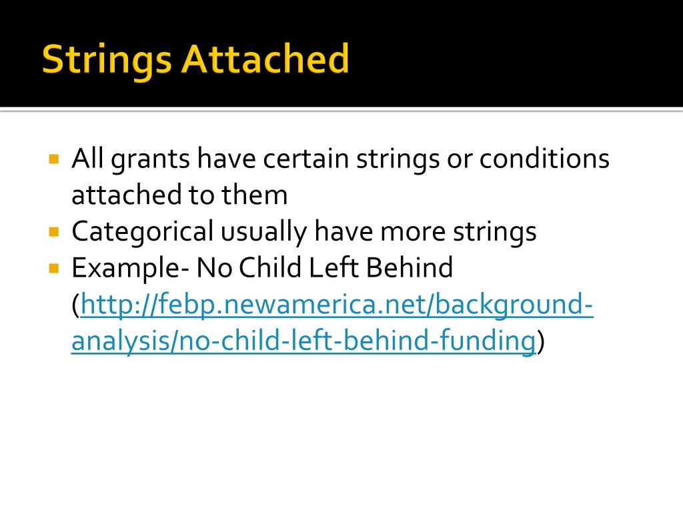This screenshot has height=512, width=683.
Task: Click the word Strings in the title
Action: pyautogui.click(x=107, y=60)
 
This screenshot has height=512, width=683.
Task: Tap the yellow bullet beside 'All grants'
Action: pyautogui.click(x=55, y=160)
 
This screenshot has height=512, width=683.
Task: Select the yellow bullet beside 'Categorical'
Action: pyautogui.click(x=55, y=232)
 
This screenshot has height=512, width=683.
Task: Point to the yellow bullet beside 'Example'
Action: pyautogui.click(x=55, y=268)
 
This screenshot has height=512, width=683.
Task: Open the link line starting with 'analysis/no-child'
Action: pyautogui.click(x=303, y=341)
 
